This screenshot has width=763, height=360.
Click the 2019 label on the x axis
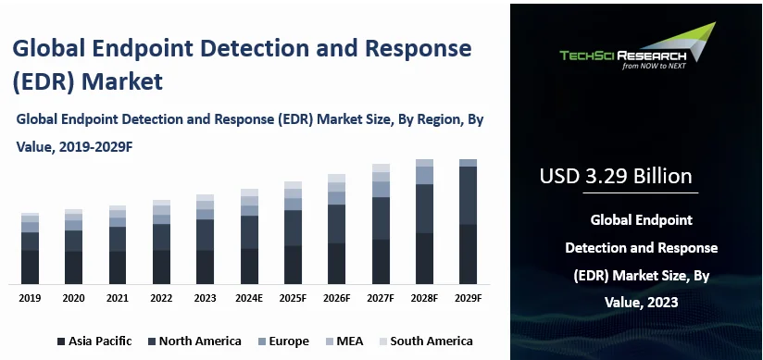(30, 298)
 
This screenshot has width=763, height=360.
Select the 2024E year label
(249, 298)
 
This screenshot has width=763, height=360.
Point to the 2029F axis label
(468, 298)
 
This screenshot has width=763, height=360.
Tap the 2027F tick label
(381, 298)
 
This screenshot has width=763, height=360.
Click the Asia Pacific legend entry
(94, 341)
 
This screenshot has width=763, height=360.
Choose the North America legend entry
(194, 341)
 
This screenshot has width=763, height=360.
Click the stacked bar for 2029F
(468, 221)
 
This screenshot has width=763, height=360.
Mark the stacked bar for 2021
(118, 244)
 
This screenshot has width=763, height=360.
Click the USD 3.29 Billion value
(615, 176)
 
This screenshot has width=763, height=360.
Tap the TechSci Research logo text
(622, 55)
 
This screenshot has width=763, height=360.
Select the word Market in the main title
(123, 81)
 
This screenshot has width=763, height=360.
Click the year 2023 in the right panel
(657, 302)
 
